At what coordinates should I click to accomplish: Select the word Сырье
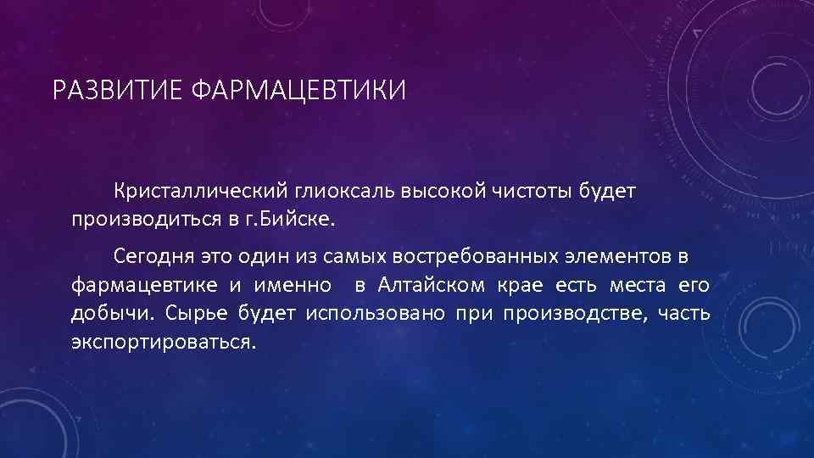(193, 314)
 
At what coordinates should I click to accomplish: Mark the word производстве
(573, 314)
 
